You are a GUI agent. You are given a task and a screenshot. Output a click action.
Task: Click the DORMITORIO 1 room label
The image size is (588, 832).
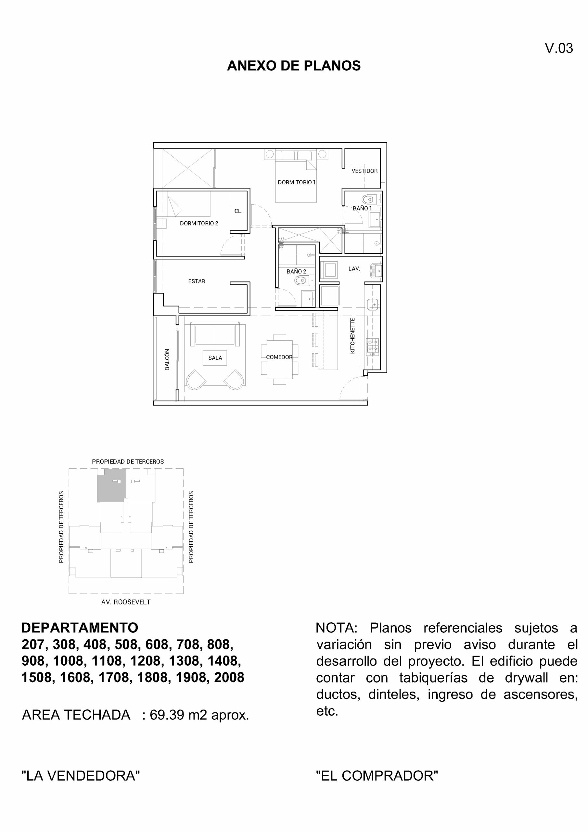(296, 182)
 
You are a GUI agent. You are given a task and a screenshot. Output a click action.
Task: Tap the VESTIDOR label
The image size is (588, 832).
(364, 171)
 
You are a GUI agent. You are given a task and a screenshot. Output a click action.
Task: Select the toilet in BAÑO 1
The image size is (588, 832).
(368, 199)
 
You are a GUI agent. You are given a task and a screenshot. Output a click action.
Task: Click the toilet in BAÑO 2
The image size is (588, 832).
(301, 280)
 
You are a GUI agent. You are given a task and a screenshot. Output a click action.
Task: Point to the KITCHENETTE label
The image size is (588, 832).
(352, 335)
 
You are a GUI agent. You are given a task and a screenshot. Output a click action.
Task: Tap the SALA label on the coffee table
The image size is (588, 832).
(215, 357)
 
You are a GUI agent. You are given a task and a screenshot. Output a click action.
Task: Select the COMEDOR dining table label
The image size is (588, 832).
(279, 357)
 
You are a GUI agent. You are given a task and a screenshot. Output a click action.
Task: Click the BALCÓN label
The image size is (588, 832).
(167, 359)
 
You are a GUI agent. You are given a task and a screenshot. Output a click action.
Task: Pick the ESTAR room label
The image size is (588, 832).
(196, 281)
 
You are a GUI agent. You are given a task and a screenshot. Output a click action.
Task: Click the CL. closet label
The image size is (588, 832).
(238, 211)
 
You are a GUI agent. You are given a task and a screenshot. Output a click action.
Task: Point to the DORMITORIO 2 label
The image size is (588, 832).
(199, 224)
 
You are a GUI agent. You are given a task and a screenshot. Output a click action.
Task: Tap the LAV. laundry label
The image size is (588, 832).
(354, 268)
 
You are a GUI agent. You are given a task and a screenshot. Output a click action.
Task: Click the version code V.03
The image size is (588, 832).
(559, 48)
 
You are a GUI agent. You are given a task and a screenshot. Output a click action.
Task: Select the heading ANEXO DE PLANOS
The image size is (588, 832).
(293, 66)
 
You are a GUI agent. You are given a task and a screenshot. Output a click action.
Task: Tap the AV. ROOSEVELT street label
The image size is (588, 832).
(126, 602)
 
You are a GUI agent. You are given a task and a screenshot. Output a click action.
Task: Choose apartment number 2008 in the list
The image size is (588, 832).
(229, 677)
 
